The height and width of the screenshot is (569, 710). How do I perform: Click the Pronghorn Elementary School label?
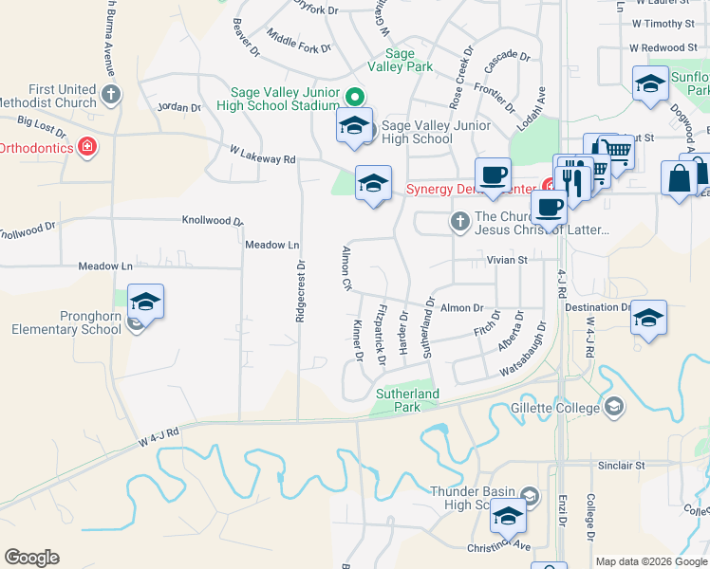click(66, 322)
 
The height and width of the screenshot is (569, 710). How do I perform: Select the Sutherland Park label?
click(407, 400)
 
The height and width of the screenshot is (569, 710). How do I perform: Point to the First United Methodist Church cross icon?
click(112, 94)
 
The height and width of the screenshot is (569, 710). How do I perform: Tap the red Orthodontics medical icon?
click(87, 147)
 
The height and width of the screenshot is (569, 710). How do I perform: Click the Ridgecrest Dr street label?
click(300, 291)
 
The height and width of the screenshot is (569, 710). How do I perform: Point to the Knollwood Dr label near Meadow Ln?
click(213, 221)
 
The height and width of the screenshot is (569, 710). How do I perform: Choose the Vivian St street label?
click(507, 259)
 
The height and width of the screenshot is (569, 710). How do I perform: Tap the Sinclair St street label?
click(621, 466)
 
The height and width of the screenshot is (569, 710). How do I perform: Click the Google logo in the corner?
click(31, 558)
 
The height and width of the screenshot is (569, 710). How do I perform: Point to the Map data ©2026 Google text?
click(652, 561)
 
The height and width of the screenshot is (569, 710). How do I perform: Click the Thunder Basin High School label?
click(473, 499)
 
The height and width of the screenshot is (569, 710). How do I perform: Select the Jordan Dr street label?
click(179, 108)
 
